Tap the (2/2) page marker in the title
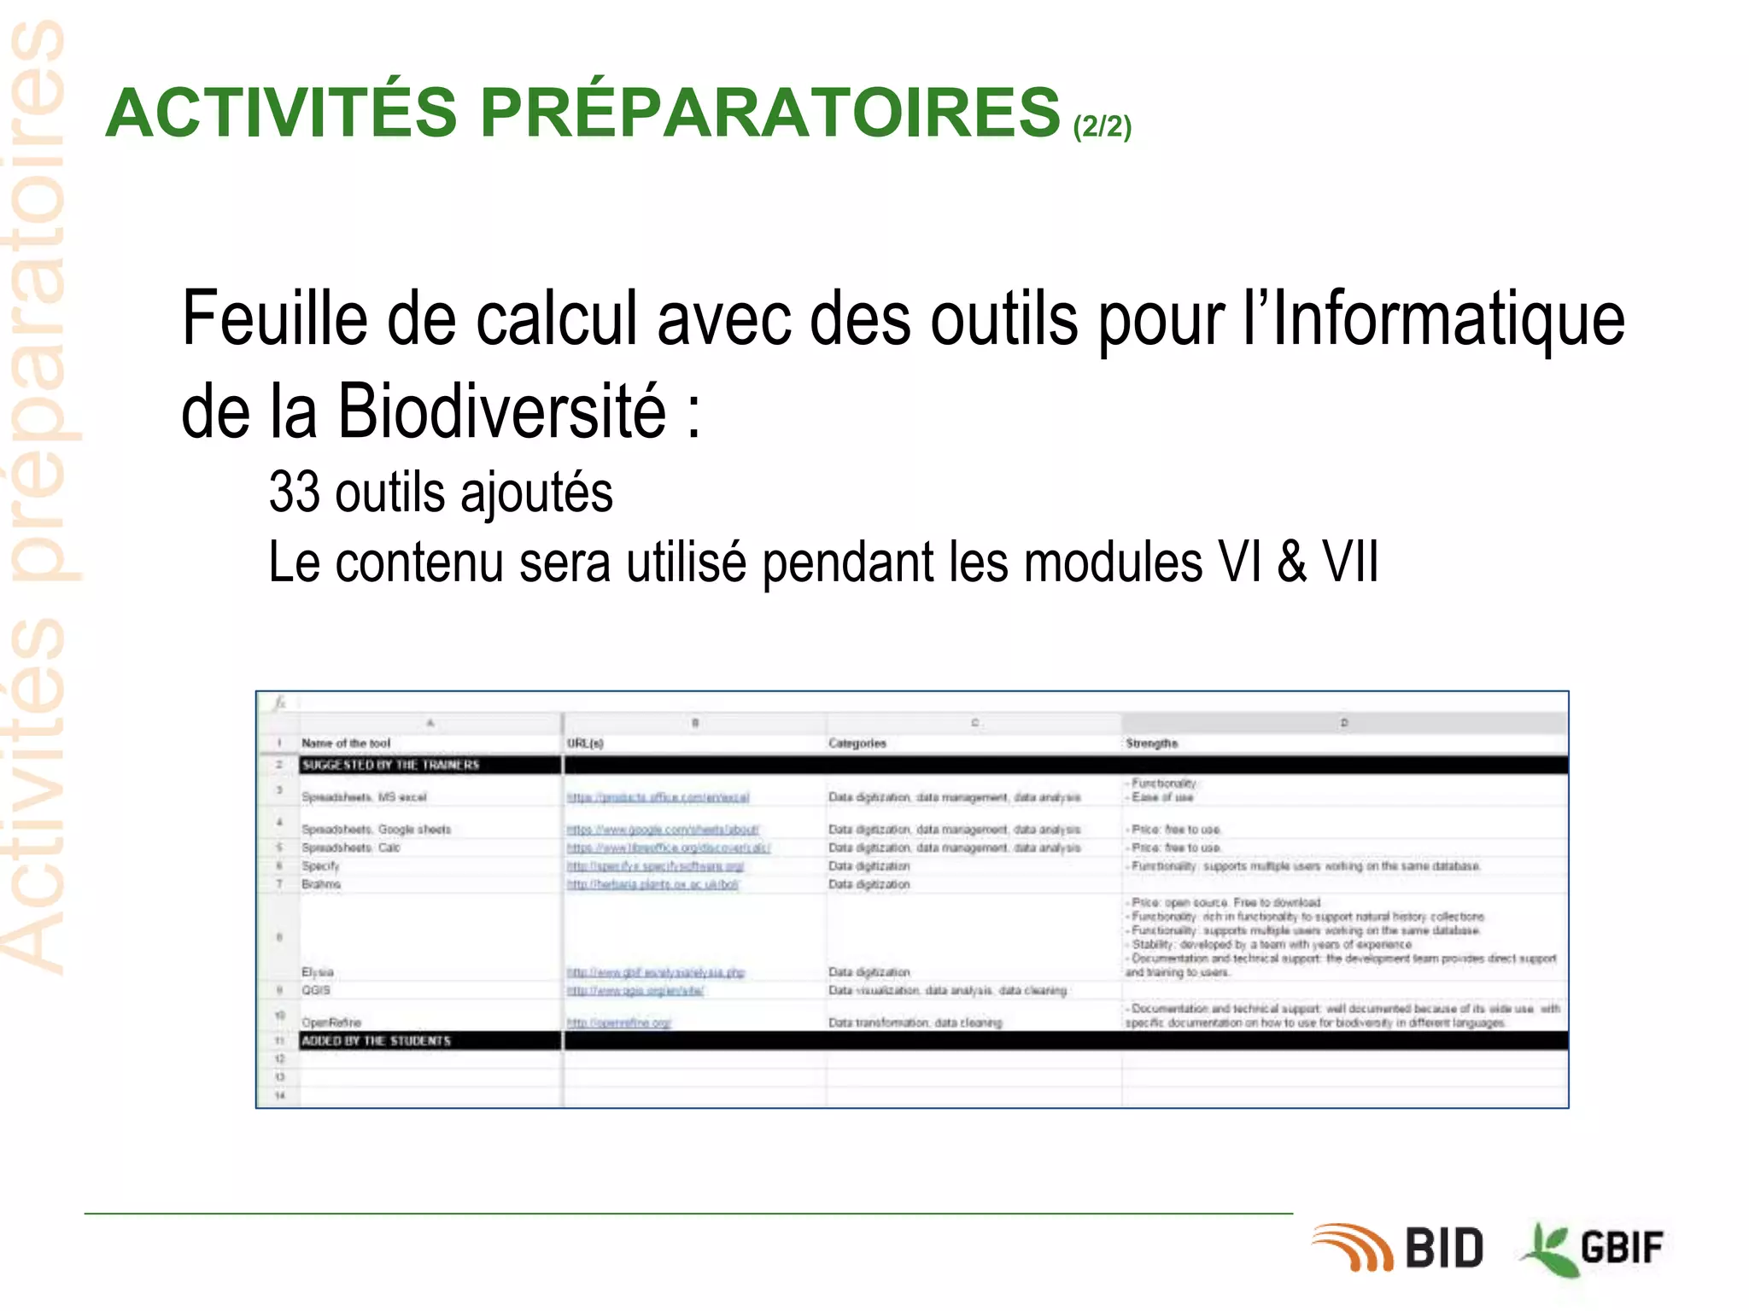click(1102, 126)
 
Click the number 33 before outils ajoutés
click(294, 492)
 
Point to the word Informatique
click(1448, 319)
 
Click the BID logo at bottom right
click(1401, 1248)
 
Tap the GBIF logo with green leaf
click(1594, 1248)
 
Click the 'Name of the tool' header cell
click(346, 743)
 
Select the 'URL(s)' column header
click(585, 743)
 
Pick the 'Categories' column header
click(857, 743)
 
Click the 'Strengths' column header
click(1151, 743)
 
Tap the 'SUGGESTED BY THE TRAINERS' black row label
click(390, 765)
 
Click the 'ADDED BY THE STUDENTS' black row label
click(376, 1041)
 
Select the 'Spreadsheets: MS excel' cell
click(364, 797)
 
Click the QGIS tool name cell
click(316, 990)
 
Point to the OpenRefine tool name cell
click(331, 1023)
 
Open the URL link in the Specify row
click(655, 866)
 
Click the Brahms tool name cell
click(321, 884)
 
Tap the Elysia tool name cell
click(318, 972)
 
